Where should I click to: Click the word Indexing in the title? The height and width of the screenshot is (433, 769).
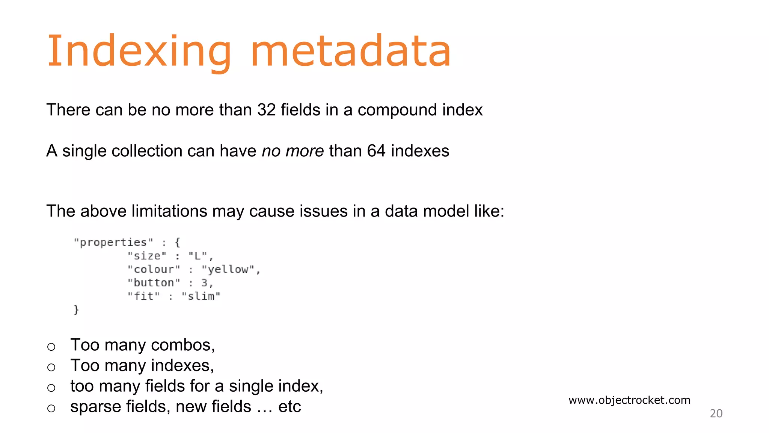139,51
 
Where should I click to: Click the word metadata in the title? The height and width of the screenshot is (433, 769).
350,51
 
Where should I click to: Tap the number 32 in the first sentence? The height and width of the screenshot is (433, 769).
267,110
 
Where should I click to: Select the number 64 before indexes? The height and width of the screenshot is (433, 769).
376,151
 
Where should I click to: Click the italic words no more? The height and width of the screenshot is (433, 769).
293,151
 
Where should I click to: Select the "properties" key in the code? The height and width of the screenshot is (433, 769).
113,242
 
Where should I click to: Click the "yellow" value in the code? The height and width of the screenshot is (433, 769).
228,269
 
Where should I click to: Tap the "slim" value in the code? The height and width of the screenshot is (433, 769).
201,297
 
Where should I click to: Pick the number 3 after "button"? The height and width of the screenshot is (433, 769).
204,283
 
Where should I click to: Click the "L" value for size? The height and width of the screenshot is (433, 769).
198,256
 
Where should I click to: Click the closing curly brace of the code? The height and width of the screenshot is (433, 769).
76,310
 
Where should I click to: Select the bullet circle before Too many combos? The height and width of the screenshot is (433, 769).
51,347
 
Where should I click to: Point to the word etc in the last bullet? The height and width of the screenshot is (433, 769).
290,407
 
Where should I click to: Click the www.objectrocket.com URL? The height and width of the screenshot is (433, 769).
629,400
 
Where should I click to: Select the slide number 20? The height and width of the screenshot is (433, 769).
716,413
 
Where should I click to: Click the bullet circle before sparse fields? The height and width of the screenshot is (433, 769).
51,408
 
